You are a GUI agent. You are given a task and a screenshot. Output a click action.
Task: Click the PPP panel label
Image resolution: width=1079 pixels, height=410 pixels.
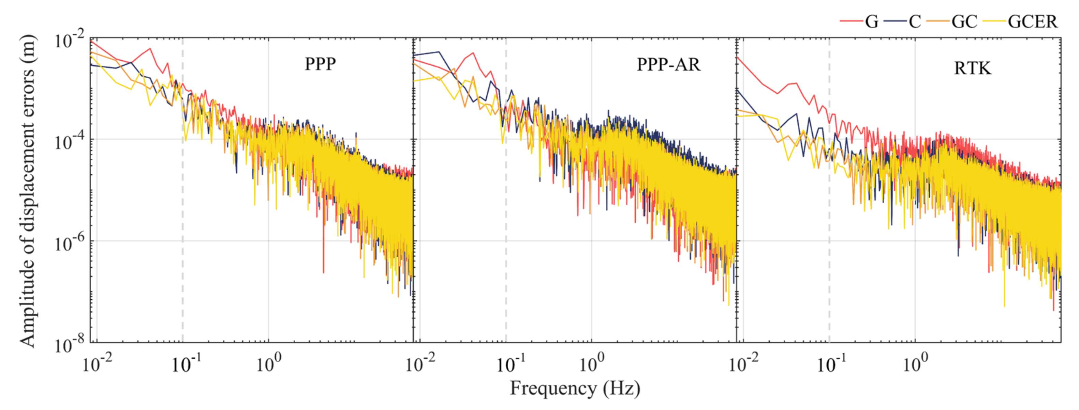[320, 64]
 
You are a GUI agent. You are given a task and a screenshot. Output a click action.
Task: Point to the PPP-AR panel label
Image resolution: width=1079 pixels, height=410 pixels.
[668, 64]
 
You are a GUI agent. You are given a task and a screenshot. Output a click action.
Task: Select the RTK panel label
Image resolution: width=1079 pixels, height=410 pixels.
[973, 68]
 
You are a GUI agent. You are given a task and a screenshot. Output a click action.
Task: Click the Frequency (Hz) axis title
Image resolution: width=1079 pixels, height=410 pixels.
[575, 388]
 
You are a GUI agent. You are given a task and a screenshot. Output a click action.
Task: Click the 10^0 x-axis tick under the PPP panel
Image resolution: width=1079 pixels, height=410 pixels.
[268, 363]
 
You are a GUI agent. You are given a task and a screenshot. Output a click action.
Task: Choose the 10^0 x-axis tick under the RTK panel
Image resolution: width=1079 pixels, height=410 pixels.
[915, 363]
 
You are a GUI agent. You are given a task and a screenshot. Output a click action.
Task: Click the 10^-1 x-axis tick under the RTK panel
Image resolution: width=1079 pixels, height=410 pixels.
[831, 363]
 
